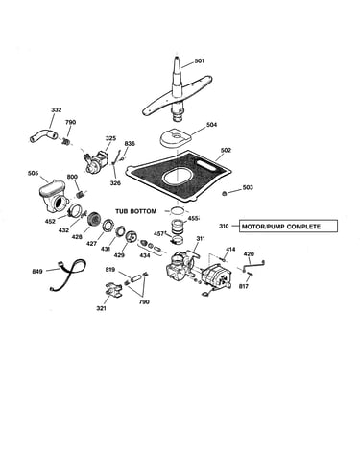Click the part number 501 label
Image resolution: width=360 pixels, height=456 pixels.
tap(199, 60)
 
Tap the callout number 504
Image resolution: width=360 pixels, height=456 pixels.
tap(211, 125)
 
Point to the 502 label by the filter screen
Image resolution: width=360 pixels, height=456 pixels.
tap(226, 150)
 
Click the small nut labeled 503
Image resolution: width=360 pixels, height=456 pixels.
tap(225, 193)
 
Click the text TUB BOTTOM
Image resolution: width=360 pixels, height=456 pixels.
tap(136, 211)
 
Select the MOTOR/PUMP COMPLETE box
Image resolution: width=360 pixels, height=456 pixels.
tap(288, 227)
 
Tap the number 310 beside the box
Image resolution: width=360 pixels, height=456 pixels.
tap(224, 227)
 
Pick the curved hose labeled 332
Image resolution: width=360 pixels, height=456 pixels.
tap(44, 135)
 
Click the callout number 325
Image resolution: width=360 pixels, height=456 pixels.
tap(110, 138)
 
